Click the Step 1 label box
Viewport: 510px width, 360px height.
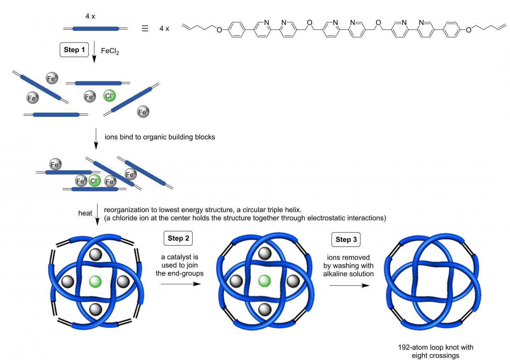(74, 50)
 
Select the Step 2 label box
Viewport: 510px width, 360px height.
(178, 238)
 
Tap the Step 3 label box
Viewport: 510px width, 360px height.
(346, 239)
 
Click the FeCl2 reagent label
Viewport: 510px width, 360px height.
(110, 51)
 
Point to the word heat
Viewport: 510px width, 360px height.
(85, 213)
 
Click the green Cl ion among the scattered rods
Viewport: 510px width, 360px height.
(109, 96)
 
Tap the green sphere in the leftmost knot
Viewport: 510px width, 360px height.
(95, 282)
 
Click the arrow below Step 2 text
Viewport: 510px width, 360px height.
(181, 284)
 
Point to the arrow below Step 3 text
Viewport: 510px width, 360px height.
(349, 285)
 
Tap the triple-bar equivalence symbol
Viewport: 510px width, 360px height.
(145, 29)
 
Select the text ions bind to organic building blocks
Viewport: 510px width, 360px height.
(160, 137)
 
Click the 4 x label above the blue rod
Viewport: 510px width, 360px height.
(90, 16)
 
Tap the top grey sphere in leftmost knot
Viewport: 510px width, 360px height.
(95, 254)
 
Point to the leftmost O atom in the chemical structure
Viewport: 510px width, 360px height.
(219, 30)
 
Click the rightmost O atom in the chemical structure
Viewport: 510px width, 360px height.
(469, 30)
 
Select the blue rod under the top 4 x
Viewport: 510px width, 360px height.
(96, 29)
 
